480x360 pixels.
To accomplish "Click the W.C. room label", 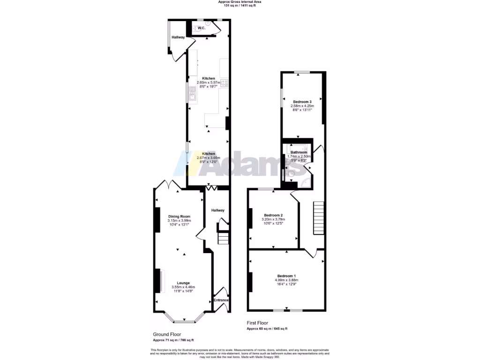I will pos(201,28).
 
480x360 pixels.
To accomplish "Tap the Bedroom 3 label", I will pos(302,102).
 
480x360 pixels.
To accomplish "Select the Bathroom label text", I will pos(299,152).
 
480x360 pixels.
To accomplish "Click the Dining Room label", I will pos(179,216).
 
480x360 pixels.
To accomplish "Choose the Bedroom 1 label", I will pos(286,276).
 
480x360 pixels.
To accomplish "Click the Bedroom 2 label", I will pos(273,215).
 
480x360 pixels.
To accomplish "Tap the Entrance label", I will pos(221,300).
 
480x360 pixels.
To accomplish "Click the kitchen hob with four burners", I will pos(224,83).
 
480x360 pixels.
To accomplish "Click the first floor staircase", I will pos(319,218).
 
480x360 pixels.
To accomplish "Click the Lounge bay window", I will pos(184,322).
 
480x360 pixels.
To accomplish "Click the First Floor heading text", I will pos(259,323).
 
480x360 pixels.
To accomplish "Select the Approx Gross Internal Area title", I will pos(240,2).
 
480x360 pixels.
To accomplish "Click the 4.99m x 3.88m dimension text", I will pos(286,280).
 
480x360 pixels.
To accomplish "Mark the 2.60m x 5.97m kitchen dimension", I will pos(209,82).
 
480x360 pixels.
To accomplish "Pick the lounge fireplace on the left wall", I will pos(157,280).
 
